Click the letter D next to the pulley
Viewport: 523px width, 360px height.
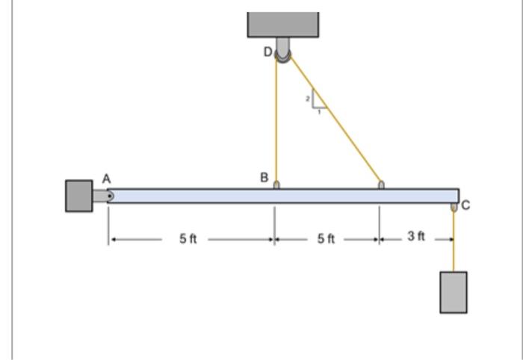click(x=267, y=52)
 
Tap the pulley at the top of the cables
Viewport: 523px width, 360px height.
click(x=283, y=53)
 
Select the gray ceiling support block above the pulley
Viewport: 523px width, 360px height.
click(x=283, y=24)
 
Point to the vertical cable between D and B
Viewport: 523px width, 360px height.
click(x=276, y=120)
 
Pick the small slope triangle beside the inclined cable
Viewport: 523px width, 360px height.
click(x=316, y=99)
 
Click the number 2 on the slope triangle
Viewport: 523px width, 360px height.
click(x=307, y=98)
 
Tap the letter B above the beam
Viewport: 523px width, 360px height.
click(x=264, y=178)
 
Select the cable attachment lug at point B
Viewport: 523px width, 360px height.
click(x=276, y=184)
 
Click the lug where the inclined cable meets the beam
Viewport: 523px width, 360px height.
click(x=381, y=184)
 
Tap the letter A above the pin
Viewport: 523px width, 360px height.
click(x=106, y=179)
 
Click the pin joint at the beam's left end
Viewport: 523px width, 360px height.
click(x=109, y=196)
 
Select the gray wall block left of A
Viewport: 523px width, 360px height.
click(x=79, y=196)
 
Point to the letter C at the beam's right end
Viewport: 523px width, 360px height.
click(x=465, y=206)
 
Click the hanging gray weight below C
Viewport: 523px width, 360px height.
click(x=454, y=292)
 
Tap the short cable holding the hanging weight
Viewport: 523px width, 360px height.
click(x=454, y=239)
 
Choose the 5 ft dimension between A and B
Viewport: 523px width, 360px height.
click(x=188, y=239)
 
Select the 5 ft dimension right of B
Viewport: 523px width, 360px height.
click(x=326, y=239)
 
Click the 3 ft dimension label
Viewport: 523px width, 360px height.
click(x=416, y=237)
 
